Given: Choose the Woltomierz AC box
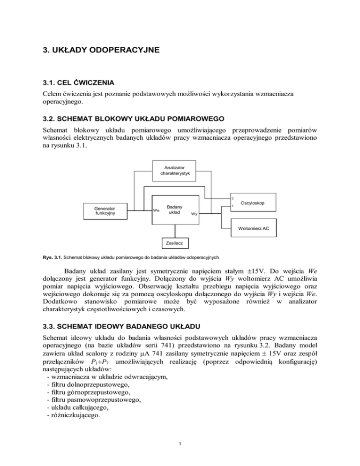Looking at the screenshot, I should point(253,228).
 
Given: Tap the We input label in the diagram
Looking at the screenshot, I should point(156,210).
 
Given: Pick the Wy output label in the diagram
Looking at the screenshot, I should point(194,214).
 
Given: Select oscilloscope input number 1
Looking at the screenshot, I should point(232,207).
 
